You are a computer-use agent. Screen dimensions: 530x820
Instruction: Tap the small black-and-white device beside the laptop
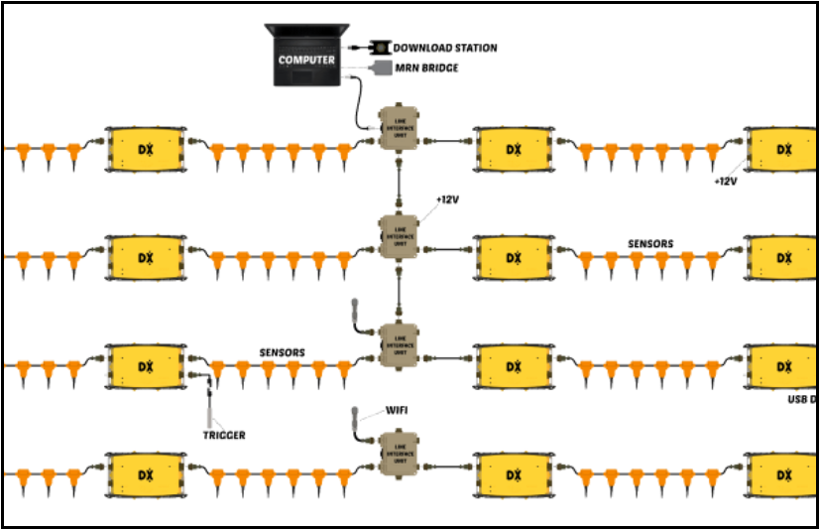tap(379, 47)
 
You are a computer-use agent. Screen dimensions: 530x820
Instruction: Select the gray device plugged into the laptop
tap(381, 68)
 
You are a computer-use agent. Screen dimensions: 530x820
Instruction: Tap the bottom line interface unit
tap(400, 452)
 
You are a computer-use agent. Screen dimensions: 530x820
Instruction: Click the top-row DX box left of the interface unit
tap(146, 148)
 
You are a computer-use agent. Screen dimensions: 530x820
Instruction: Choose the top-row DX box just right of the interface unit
tap(514, 148)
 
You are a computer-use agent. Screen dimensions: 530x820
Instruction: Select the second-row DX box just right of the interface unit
tap(514, 257)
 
